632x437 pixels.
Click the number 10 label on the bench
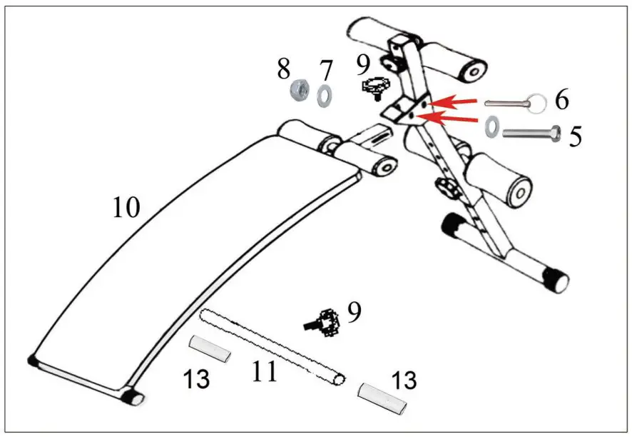[x=126, y=208]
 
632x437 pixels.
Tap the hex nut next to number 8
[x=298, y=91]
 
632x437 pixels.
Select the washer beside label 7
[x=323, y=94]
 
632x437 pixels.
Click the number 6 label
[x=562, y=101]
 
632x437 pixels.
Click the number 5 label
[x=575, y=136]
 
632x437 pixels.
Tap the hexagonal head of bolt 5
[x=556, y=134]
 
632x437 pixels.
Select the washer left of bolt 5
[x=492, y=127]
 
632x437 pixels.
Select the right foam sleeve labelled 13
[x=383, y=397]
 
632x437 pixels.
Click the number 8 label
[x=284, y=69]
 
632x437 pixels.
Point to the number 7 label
[x=326, y=71]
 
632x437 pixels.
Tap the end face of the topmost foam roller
[x=470, y=71]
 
